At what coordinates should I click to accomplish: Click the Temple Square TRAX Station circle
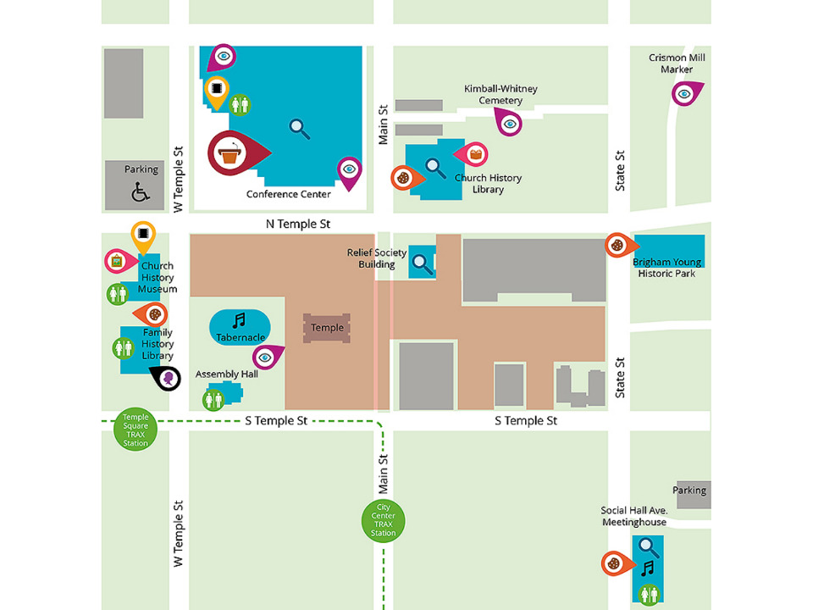[x=135, y=430]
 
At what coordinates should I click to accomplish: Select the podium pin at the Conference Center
[x=231, y=153]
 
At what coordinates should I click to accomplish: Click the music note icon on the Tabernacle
[x=239, y=319]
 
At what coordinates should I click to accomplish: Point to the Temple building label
[x=327, y=328]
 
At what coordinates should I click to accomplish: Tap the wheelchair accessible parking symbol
[x=141, y=192]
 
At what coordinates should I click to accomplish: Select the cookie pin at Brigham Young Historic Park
[x=618, y=245]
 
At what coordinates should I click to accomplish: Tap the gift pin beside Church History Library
[x=475, y=153]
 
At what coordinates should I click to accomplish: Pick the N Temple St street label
[x=297, y=224]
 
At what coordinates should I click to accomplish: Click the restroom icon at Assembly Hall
[x=213, y=398]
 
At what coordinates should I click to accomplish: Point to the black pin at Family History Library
[x=169, y=378]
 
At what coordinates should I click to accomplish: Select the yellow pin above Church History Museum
[x=143, y=234]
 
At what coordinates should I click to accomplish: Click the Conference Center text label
[x=289, y=194]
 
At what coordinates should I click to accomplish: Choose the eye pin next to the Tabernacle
[x=266, y=358]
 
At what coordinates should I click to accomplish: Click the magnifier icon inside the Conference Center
[x=299, y=128]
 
